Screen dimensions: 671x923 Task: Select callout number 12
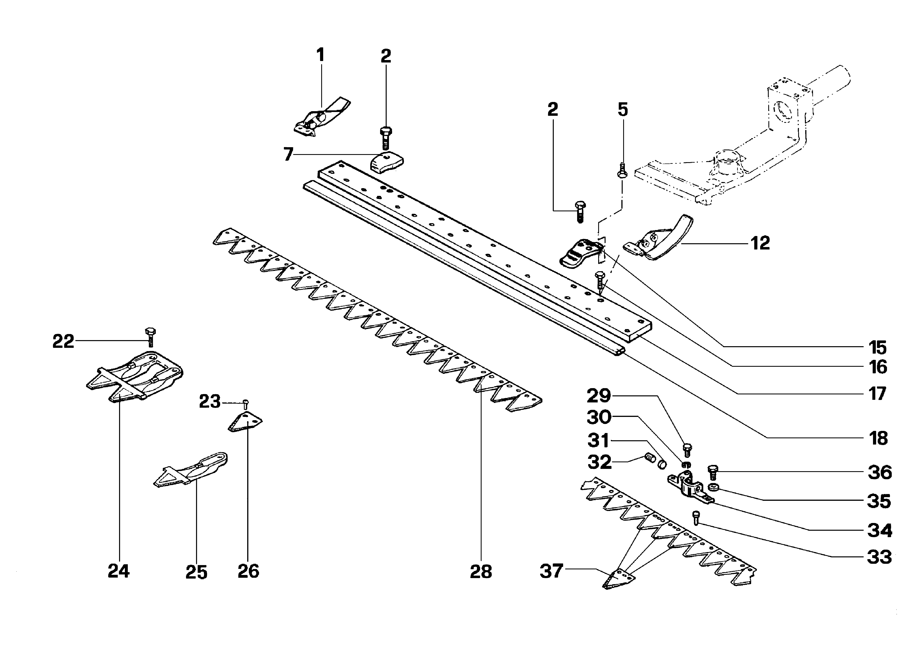(760, 243)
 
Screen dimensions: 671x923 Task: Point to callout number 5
(623, 110)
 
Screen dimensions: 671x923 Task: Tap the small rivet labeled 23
(245, 404)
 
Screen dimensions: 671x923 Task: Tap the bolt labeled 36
(713, 473)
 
